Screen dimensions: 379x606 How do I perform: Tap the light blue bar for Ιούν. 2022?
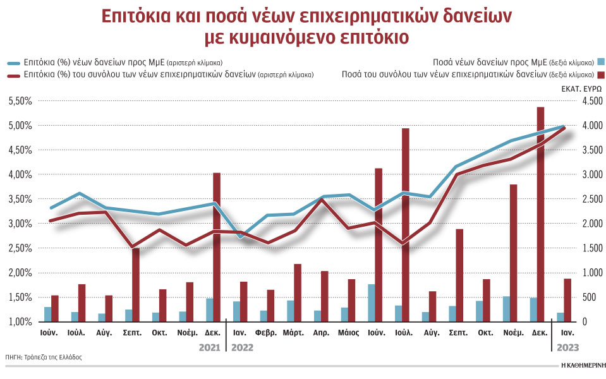(x=371, y=303)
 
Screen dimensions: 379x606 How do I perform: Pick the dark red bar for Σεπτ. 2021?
(x=136, y=284)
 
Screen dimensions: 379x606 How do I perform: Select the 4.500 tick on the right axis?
(x=591, y=101)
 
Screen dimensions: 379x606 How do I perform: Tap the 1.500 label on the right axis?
(x=591, y=248)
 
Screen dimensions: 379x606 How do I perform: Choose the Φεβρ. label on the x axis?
(x=266, y=332)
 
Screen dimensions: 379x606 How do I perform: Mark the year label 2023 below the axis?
(x=567, y=346)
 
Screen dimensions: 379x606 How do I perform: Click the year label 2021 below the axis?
(x=209, y=346)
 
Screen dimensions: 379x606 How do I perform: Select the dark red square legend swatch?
(x=601, y=74)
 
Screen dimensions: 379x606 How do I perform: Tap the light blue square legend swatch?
(x=601, y=62)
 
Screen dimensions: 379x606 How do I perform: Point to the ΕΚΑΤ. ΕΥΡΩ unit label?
(x=581, y=89)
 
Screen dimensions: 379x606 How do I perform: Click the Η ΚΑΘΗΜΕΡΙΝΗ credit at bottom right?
(x=581, y=365)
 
